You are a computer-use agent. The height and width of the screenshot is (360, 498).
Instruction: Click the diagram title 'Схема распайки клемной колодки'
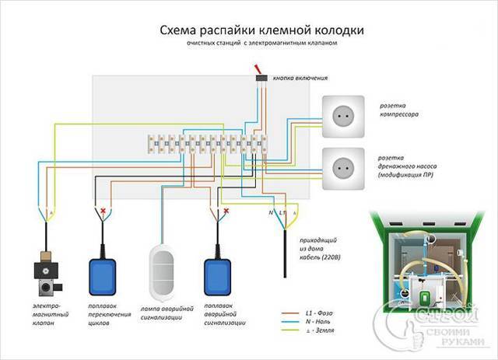(250, 30)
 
